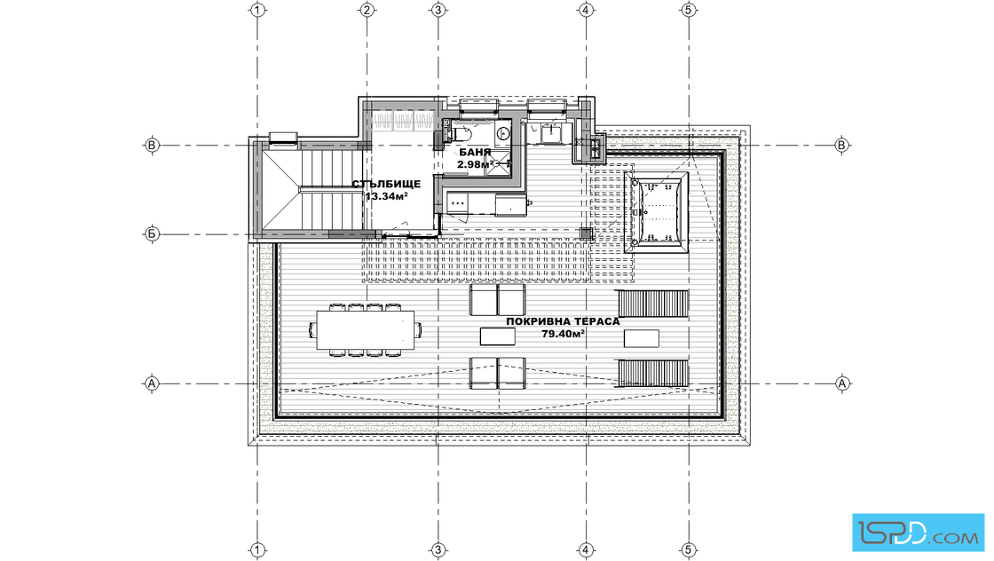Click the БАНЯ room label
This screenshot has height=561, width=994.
(x=475, y=153)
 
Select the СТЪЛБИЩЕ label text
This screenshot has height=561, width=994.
(x=386, y=185)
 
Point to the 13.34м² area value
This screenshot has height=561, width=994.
(x=386, y=196)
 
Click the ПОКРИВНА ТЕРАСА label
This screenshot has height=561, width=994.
(x=563, y=321)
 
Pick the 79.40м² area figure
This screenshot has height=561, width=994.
(x=563, y=334)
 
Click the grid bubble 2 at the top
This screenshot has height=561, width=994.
(x=367, y=10)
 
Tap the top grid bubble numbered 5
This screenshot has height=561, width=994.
(x=689, y=10)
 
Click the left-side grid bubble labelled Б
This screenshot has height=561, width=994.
(x=152, y=234)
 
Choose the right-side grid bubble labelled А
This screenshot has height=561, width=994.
(x=842, y=383)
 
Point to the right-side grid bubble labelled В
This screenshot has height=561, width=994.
(x=842, y=146)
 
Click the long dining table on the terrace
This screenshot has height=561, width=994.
(x=365, y=329)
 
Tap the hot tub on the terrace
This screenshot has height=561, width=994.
(x=656, y=212)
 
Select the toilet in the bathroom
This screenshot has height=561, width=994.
(x=461, y=134)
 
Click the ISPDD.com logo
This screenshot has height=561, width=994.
(x=918, y=533)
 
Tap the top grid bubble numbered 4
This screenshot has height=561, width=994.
(x=586, y=10)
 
